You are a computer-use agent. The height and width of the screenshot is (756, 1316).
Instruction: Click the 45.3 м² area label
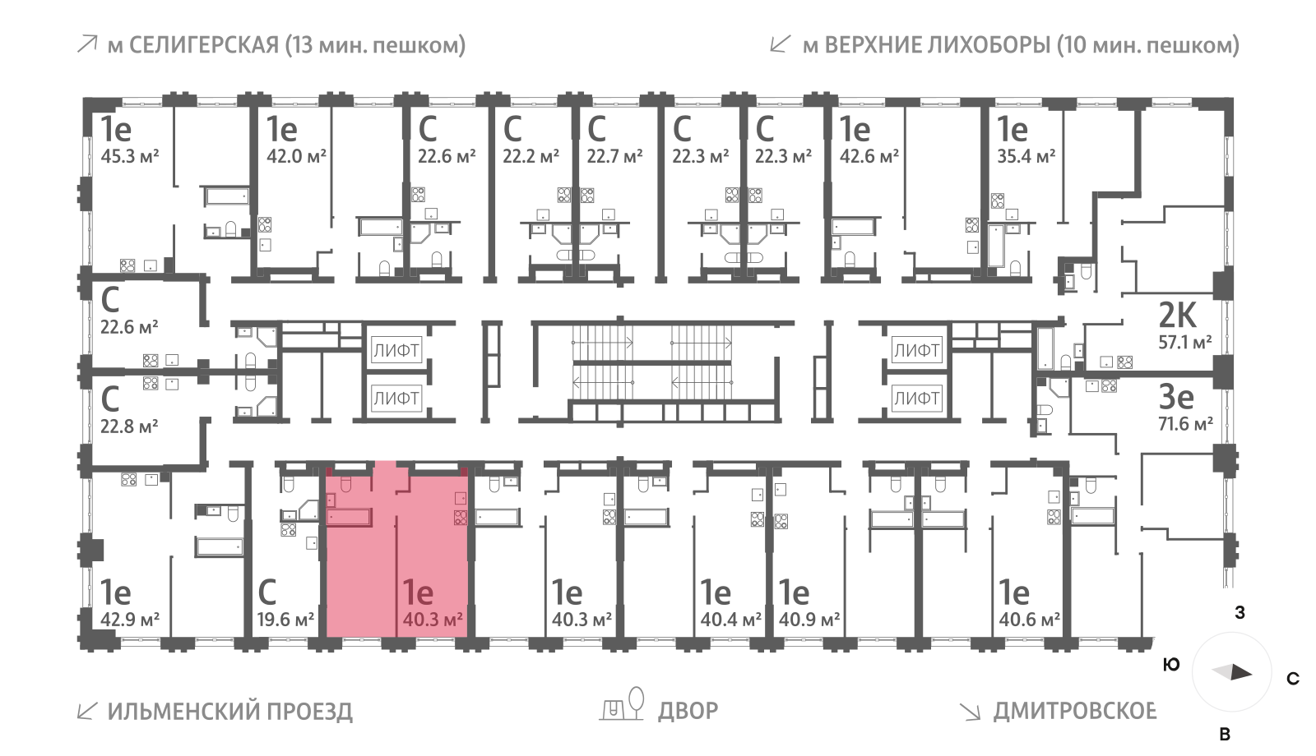[129, 156]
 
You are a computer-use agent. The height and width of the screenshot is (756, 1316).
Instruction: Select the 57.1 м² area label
[1184, 342]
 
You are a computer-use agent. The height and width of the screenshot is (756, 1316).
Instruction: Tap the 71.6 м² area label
[1184, 424]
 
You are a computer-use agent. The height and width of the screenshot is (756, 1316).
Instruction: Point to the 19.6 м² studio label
[285, 619]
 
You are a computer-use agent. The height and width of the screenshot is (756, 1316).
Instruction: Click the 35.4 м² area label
[1026, 156]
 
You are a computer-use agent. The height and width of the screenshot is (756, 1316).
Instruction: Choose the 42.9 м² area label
[129, 619]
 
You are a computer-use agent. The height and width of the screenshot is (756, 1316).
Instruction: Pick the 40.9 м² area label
[809, 619]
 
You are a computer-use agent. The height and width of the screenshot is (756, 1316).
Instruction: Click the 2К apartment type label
[1177, 315]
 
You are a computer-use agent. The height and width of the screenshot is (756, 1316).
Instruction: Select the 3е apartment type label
[1175, 397]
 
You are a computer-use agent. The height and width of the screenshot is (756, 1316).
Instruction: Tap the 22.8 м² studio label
[129, 426]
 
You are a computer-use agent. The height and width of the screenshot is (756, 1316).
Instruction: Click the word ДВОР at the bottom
[688, 710]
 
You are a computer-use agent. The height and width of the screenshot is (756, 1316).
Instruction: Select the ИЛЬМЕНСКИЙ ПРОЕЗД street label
[229, 711]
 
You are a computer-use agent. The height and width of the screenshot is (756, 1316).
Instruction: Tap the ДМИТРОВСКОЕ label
[1074, 710]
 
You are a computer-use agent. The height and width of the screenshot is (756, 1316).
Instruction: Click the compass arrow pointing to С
[1233, 673]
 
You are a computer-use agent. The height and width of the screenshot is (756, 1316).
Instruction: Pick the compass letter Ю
[1172, 665]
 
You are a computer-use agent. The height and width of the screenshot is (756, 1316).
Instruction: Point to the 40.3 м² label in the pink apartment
[432, 619]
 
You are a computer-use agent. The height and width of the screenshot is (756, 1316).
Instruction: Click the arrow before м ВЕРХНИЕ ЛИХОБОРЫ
[780, 44]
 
